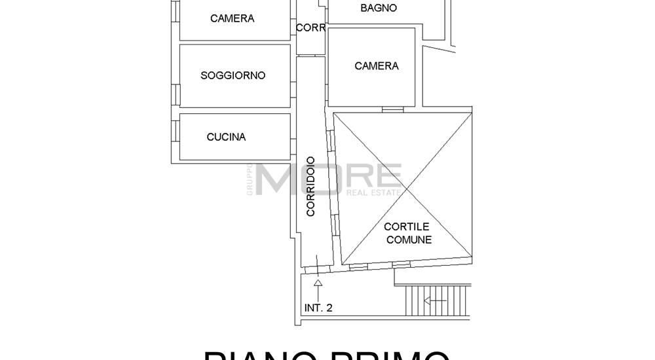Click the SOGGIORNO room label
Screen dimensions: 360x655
pos(233,75)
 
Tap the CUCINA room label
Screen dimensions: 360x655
pos(226,137)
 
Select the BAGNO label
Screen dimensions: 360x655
pos(379,8)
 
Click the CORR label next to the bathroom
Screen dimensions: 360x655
pos(310,27)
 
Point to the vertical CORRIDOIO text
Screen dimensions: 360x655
pos(310,187)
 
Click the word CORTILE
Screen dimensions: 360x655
pos(407,226)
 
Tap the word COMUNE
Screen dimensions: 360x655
pos(409,240)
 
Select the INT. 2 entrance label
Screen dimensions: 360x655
pos(318,308)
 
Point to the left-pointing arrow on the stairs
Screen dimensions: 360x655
pos(435,301)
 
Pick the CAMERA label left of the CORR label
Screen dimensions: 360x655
pos(232,18)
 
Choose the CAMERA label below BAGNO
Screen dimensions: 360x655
pos(376,65)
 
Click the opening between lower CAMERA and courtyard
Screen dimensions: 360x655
pos(392,109)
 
